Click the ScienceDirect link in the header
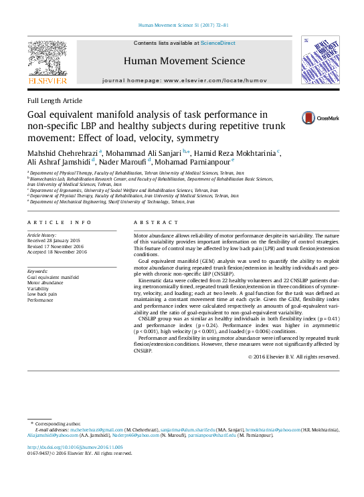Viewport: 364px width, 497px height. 218,43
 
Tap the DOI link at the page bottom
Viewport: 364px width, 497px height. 74,447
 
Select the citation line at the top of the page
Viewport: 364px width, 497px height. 182,25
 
